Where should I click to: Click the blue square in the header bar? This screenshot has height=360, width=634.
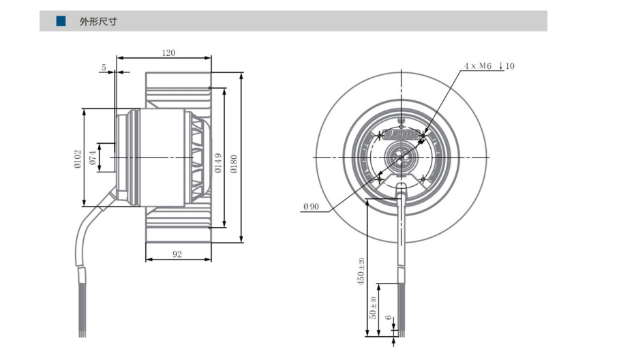click(61, 21)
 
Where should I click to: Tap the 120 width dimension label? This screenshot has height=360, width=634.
click(168, 52)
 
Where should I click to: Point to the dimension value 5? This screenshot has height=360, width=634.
click(104, 67)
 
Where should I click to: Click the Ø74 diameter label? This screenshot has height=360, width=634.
click(93, 157)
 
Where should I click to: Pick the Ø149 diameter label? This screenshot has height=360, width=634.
click(218, 164)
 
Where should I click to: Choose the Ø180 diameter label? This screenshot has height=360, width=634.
click(233, 164)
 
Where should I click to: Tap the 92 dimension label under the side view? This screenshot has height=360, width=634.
click(177, 254)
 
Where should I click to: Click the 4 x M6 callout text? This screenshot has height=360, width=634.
click(477, 66)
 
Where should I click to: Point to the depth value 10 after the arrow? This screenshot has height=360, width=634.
click(511, 66)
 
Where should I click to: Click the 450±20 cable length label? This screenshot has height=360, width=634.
click(361, 271)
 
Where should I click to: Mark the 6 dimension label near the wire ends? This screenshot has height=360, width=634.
click(387, 318)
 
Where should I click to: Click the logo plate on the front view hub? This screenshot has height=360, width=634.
click(401, 136)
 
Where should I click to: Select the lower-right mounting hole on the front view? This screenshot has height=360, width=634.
click(423, 179)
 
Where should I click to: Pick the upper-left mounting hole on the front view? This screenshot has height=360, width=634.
click(380, 137)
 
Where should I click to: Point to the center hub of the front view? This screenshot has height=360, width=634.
click(402, 157)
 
